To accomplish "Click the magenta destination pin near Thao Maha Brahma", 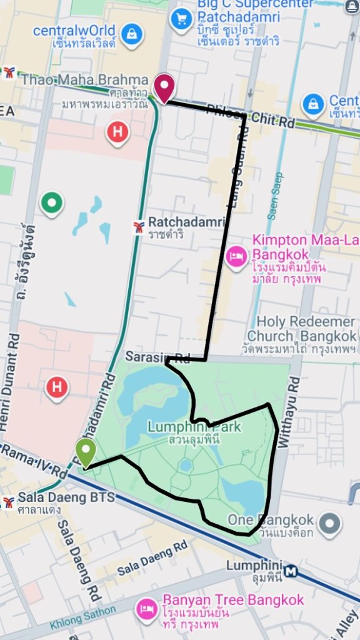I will [x=164, y=86].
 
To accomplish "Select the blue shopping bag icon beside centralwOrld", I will [x=132, y=34].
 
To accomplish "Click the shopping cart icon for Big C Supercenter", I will [x=182, y=19].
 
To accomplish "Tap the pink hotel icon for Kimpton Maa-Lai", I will [x=237, y=256].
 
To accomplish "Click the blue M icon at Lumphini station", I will [x=290, y=571].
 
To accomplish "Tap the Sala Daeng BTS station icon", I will [x=8, y=502].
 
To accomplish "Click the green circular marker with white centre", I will [x=52, y=202].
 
